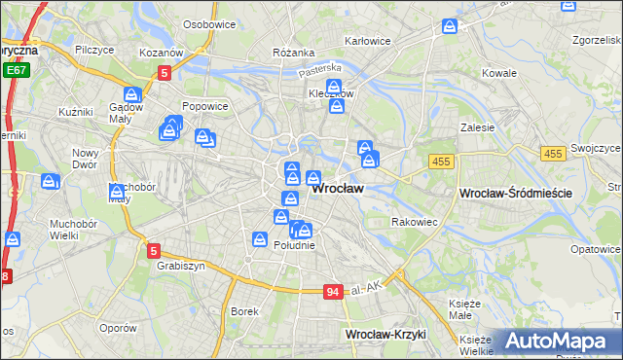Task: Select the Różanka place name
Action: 293,52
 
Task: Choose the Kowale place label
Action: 499,73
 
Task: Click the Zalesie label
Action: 478,126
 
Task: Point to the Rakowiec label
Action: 415,222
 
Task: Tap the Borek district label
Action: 243,311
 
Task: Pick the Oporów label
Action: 117,328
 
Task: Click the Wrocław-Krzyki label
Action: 386,334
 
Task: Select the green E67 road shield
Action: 15,71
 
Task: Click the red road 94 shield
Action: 334,291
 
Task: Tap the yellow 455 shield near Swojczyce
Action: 554,154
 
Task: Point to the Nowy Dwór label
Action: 87,159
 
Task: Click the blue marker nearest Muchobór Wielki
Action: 12,238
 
